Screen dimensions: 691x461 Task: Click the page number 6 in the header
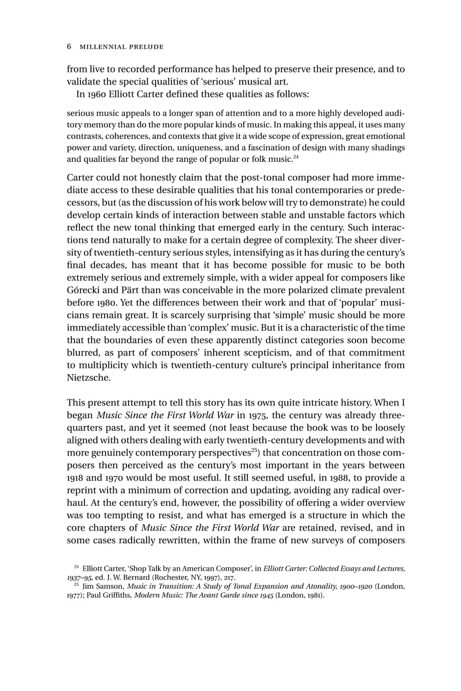pyautogui.click(x=69, y=47)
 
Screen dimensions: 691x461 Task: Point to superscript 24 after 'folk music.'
pyautogui.click(x=296, y=156)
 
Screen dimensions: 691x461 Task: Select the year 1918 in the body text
pyautogui.click(x=76, y=478)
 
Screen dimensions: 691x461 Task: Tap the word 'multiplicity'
pyautogui.click(x=101, y=365)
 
